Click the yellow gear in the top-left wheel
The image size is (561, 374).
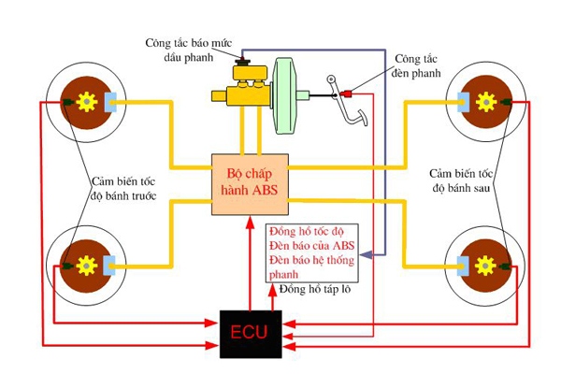click(86, 101)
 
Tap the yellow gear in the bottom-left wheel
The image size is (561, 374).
click(86, 265)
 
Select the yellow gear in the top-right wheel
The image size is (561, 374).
click(483, 101)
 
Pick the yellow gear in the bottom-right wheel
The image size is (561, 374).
click(483, 265)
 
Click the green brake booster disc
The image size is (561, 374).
click(284, 94)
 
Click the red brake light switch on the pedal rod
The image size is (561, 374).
click(349, 93)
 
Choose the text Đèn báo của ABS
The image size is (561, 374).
click(308, 246)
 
